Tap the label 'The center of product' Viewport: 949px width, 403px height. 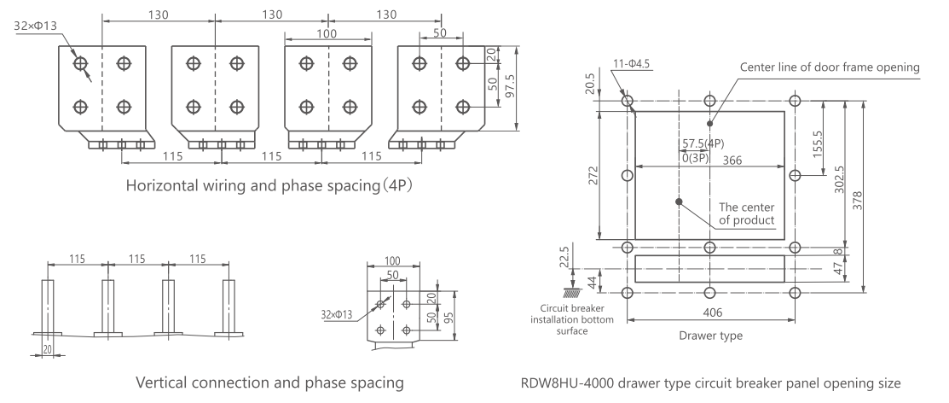pos(747,213)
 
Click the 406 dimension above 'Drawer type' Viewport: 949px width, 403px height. pos(709,313)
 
